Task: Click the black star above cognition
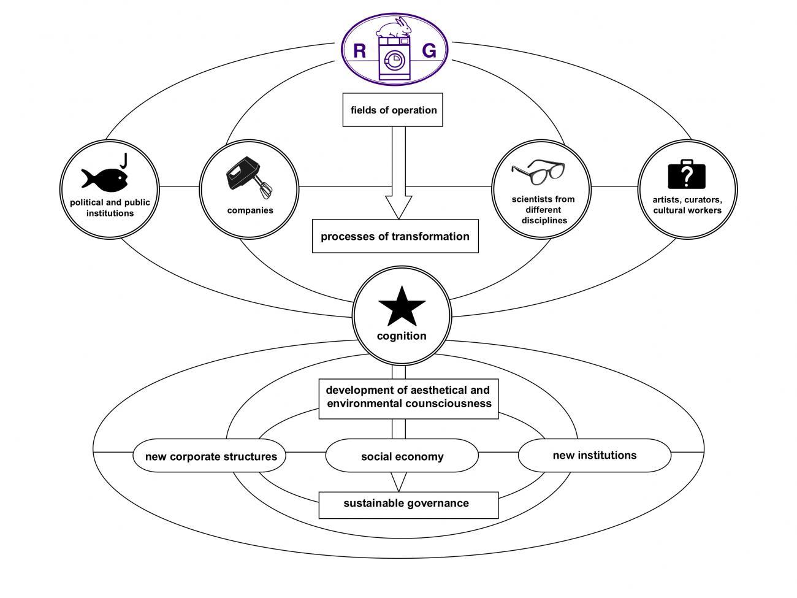(402, 306)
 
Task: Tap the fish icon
(104, 178)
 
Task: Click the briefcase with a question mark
(687, 174)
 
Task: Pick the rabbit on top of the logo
(395, 28)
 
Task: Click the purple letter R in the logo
(360, 51)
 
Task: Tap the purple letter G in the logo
(429, 51)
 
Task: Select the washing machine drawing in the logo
(395, 59)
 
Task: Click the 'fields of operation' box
(393, 110)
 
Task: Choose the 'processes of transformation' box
(395, 236)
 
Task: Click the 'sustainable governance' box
(408, 504)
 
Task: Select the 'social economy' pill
(402, 456)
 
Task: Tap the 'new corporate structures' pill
(211, 456)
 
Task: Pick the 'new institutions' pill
(594, 455)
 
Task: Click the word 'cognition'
(402, 336)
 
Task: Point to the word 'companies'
(250, 210)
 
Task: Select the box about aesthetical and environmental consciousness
(408, 397)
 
